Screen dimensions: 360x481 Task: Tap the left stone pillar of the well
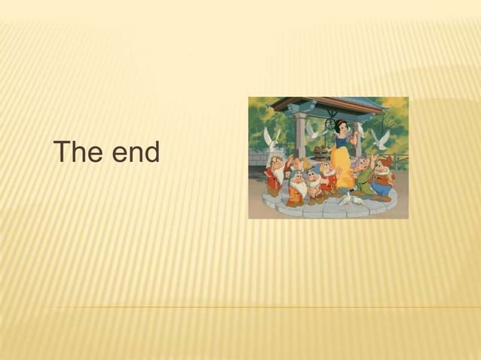pos(300,136)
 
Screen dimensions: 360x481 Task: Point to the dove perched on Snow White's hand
pos(360,130)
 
